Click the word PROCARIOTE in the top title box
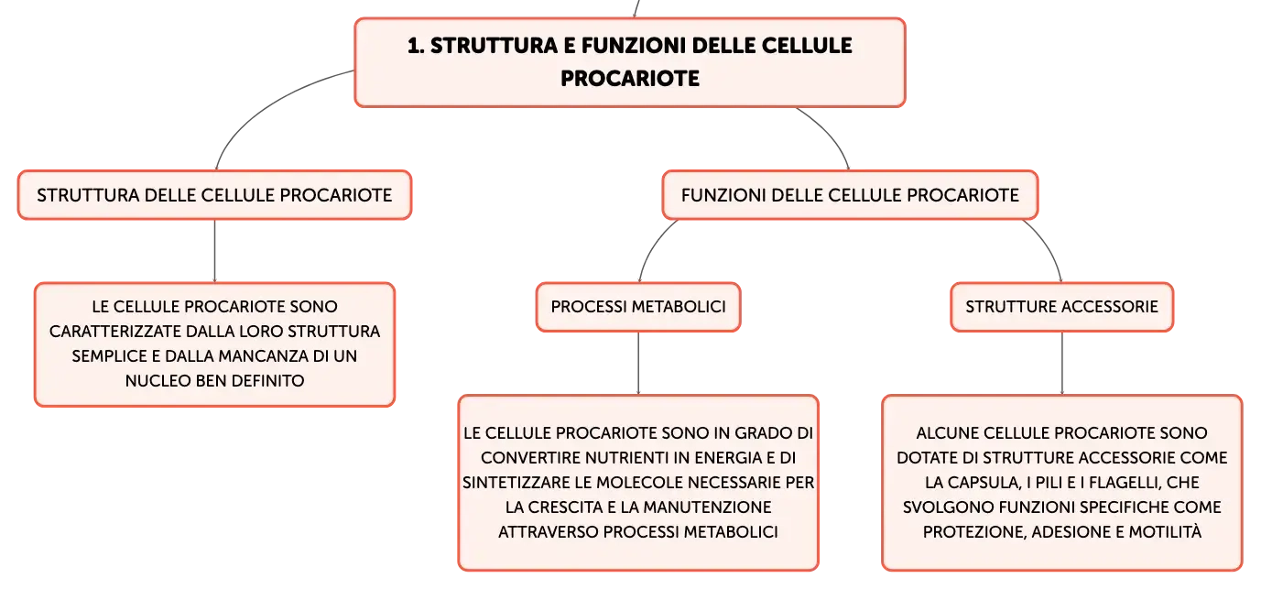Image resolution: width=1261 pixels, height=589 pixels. [x=630, y=78]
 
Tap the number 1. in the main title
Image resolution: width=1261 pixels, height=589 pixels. [x=416, y=46]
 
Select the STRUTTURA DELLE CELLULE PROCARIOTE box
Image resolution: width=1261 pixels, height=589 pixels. [x=214, y=195]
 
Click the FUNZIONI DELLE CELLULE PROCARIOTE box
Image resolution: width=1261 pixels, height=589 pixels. [x=850, y=195]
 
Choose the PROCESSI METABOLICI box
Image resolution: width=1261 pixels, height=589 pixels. [x=638, y=307]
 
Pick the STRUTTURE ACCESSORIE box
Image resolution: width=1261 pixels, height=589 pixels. [x=1061, y=307]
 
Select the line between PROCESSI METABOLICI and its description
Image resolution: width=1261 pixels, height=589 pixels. [x=638, y=363]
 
